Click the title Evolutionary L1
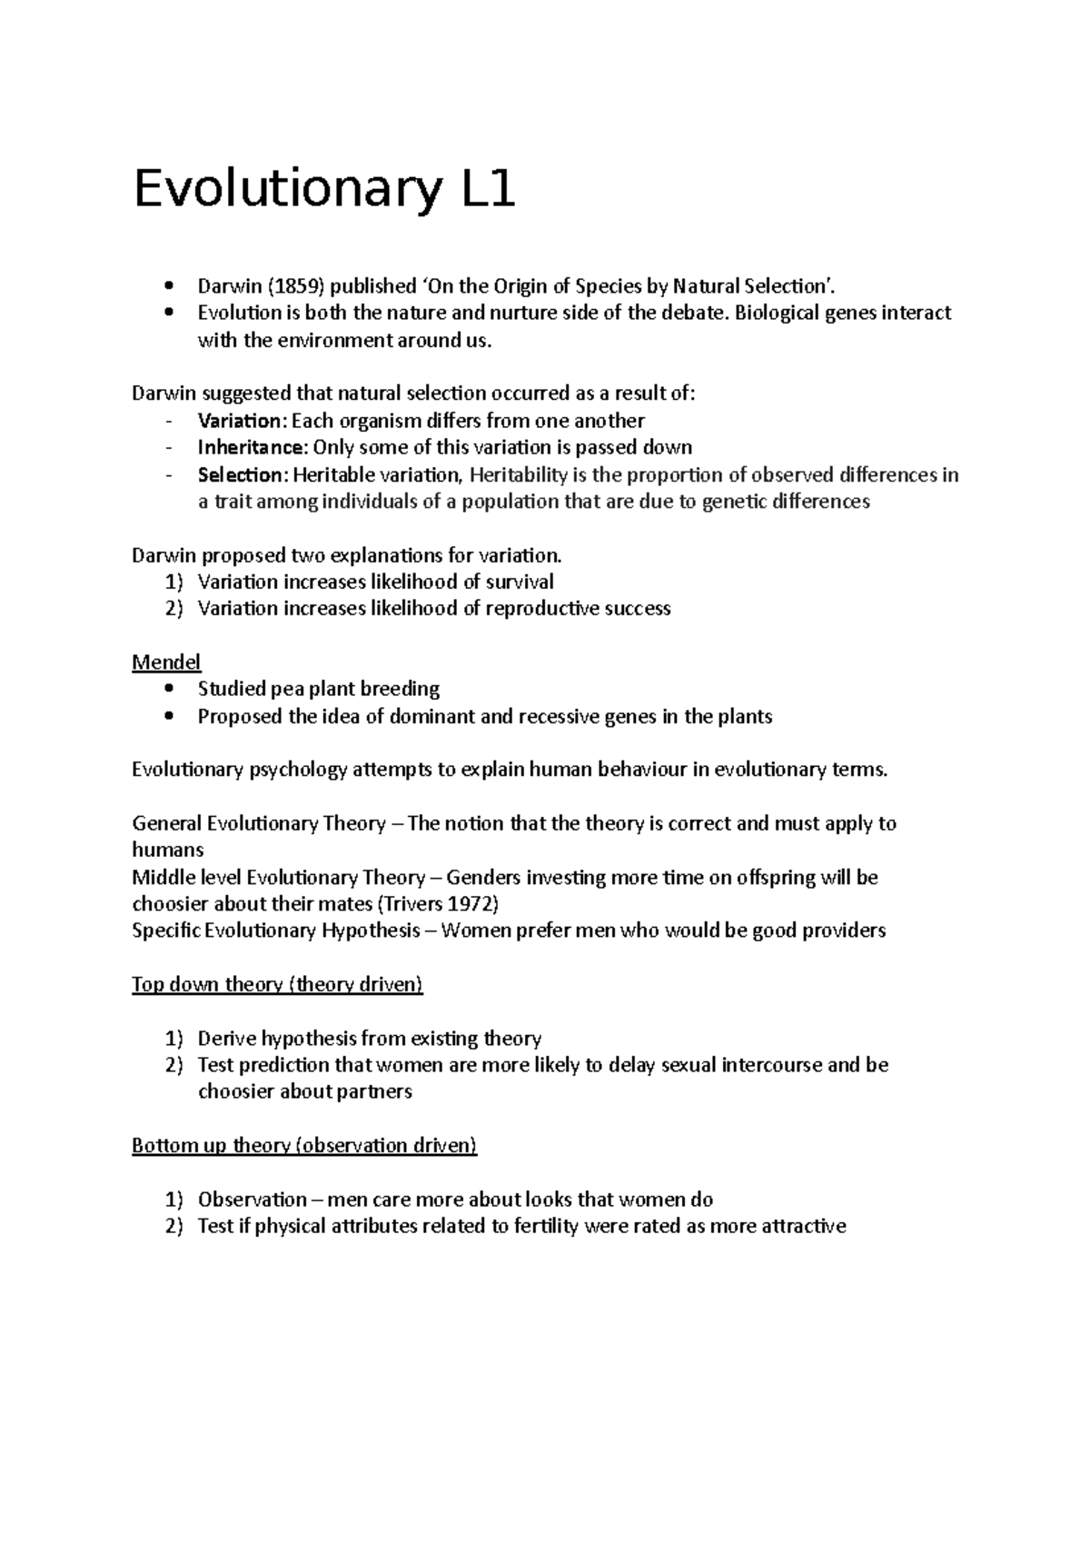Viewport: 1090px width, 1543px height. (324, 191)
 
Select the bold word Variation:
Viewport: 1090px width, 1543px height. (241, 421)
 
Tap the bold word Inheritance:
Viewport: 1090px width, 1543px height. (253, 447)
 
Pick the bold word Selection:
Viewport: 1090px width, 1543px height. (242, 474)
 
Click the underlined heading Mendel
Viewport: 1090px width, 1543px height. (166, 662)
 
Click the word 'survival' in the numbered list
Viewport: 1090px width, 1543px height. (519, 582)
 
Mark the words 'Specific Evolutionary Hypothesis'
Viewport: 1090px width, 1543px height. (276, 931)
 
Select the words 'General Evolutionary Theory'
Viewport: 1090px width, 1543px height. (259, 823)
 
